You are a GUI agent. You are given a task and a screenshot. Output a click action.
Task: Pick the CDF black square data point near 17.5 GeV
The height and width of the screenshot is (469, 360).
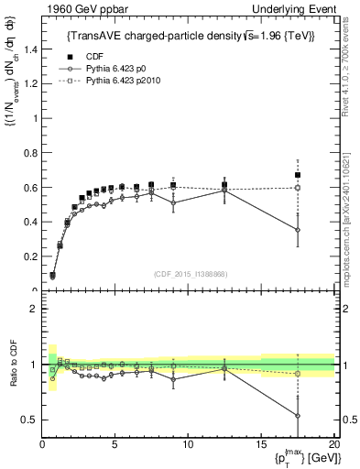click(x=297, y=175)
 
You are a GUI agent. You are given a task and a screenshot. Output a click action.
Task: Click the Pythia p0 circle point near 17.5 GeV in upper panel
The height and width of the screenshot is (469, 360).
click(x=297, y=230)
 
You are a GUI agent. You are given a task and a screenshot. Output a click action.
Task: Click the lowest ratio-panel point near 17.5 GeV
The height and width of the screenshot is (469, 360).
click(x=297, y=415)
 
